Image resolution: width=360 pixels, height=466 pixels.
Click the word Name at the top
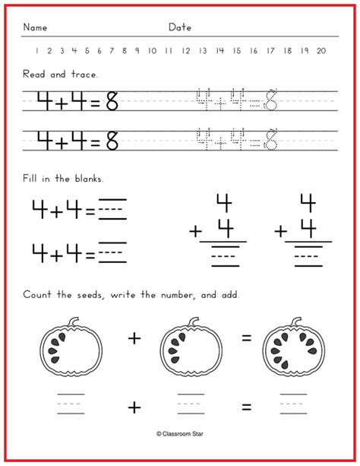tap(35, 27)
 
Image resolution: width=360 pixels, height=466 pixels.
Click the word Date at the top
tap(180, 27)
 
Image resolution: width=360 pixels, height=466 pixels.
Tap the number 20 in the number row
tap(321, 51)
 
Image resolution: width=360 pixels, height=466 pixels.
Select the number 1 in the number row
tap(36, 51)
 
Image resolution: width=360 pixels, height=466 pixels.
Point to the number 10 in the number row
tap(152, 51)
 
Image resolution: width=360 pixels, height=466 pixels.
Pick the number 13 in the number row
tap(203, 51)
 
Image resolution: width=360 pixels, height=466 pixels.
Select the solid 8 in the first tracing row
tap(112, 100)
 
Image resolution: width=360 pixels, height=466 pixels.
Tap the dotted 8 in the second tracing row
tap(271, 140)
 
